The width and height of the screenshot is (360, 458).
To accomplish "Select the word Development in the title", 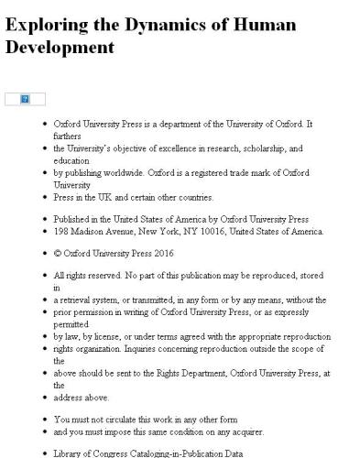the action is [60, 47].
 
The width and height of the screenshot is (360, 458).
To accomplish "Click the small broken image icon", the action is [25, 98].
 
